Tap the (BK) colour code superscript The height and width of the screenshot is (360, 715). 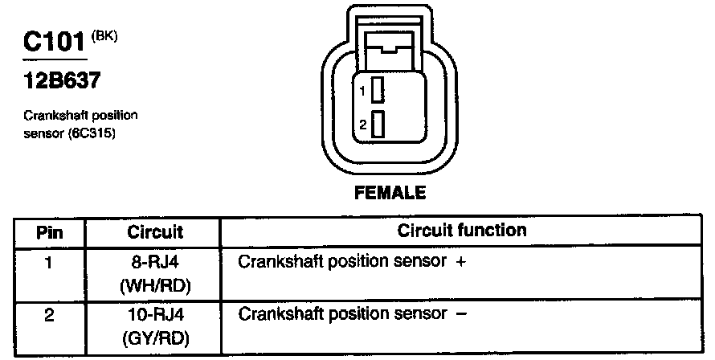pos(105,35)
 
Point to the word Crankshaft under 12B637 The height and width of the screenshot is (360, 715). pos(51,116)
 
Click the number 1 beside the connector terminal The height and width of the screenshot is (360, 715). pos(363,92)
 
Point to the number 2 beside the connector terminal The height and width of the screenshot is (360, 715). pos(363,125)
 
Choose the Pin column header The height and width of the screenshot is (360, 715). pos(50,232)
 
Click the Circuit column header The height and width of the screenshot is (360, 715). pos(155,232)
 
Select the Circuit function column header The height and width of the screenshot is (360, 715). pos(462,231)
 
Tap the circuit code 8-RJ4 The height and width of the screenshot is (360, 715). pos(155,263)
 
